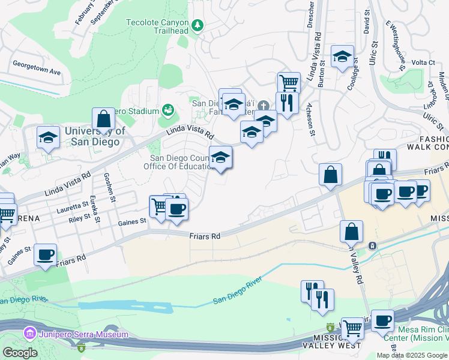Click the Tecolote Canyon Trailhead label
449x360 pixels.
pos(158,23)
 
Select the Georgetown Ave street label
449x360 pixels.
pos(37,67)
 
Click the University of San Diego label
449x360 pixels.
pos(94,136)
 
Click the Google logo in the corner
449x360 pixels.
pos(19,353)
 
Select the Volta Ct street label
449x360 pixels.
pos(423,62)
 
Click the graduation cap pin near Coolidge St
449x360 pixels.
pos(342,56)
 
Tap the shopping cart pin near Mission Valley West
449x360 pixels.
pos(352,328)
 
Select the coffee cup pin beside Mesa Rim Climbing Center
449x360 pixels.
pos(382,320)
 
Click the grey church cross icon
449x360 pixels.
pos(262,103)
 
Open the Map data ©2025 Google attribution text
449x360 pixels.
pos(412,355)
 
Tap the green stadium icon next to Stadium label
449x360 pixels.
pos(168,110)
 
